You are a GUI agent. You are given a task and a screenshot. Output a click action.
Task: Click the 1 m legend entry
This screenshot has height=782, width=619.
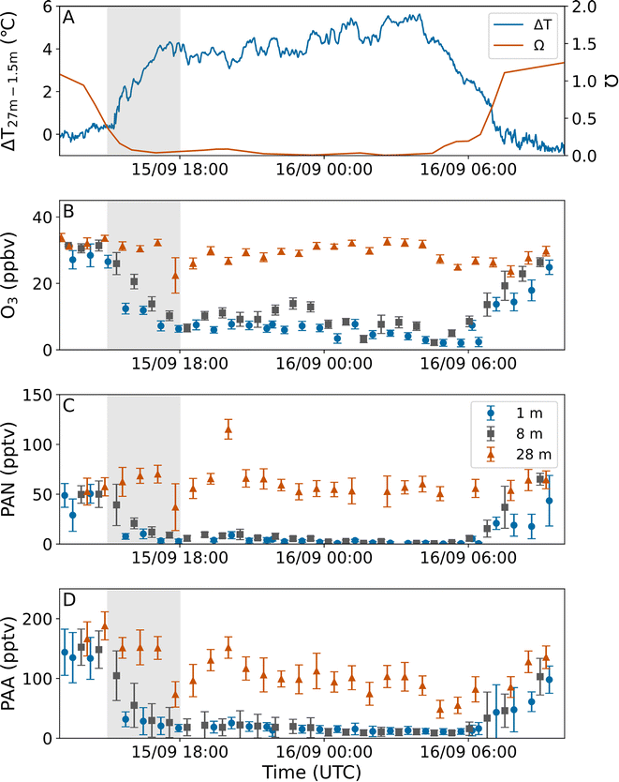[518, 412]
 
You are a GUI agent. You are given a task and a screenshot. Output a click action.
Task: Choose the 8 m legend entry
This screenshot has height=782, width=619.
[518, 433]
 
